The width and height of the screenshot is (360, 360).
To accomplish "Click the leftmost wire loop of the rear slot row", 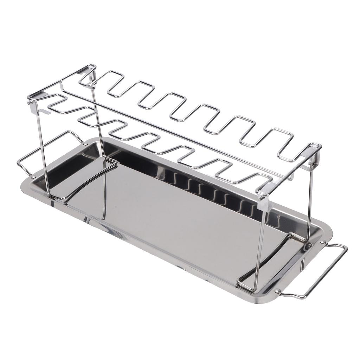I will coord(105,79).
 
